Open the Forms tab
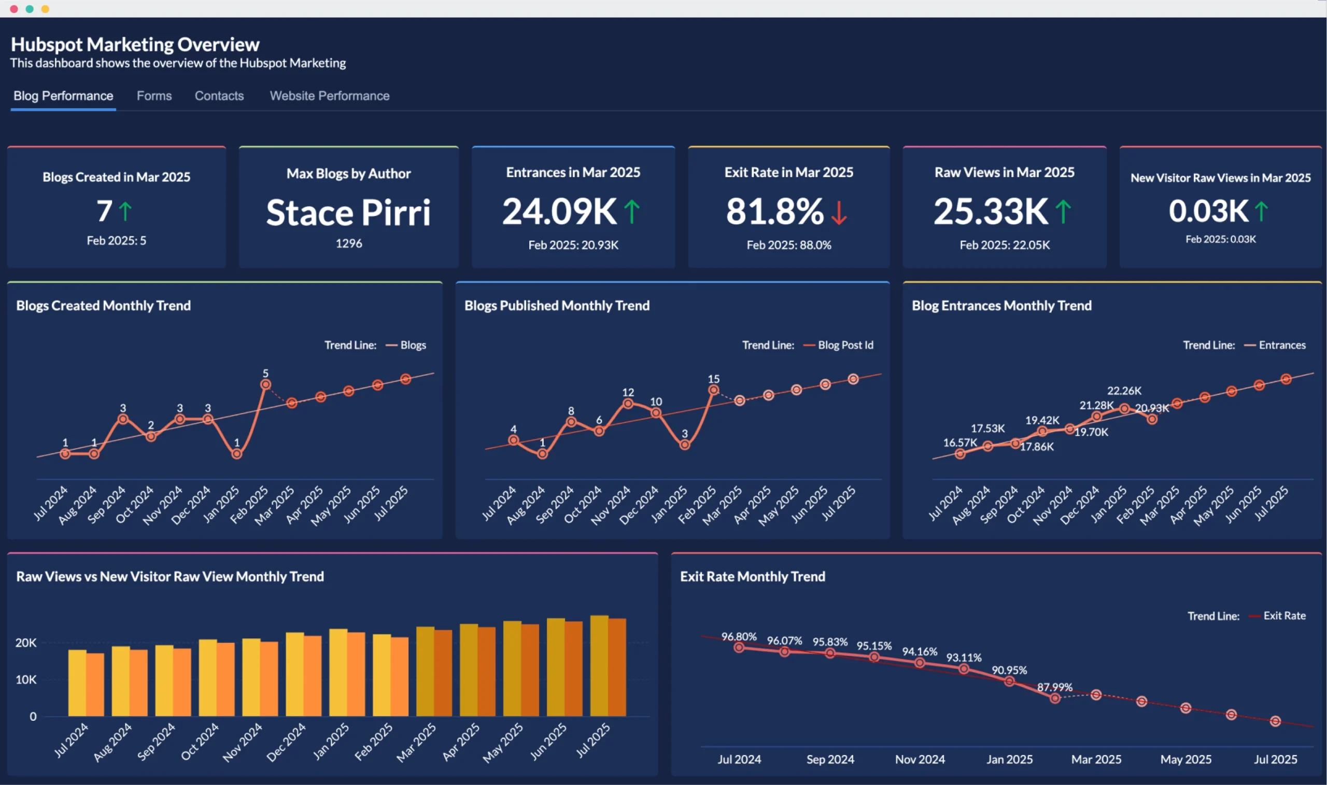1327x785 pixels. click(x=154, y=96)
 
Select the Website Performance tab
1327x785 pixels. click(x=329, y=96)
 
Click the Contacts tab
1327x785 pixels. click(x=219, y=96)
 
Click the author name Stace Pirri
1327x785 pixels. click(x=348, y=212)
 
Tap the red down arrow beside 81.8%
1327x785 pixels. click(x=839, y=212)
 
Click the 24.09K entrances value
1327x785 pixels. click(x=559, y=211)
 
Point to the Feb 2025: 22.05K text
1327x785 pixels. click(x=1004, y=245)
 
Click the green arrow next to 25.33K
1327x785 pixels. click(x=1063, y=211)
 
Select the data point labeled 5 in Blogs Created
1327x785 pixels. click(x=265, y=384)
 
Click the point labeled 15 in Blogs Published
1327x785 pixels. click(x=713, y=390)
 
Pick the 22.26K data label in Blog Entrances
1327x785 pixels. click(x=1124, y=391)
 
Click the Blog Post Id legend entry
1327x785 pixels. click(x=845, y=345)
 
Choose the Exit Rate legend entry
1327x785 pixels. click(x=1283, y=616)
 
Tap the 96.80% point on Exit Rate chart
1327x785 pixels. click(x=739, y=648)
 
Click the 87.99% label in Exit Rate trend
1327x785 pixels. click(x=1054, y=687)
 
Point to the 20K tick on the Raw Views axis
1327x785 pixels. click(x=25, y=643)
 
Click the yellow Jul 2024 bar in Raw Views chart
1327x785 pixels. click(x=77, y=682)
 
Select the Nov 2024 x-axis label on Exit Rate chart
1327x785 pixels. click(x=920, y=759)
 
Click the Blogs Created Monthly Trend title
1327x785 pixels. click(x=103, y=306)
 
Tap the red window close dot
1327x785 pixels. click(x=14, y=9)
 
